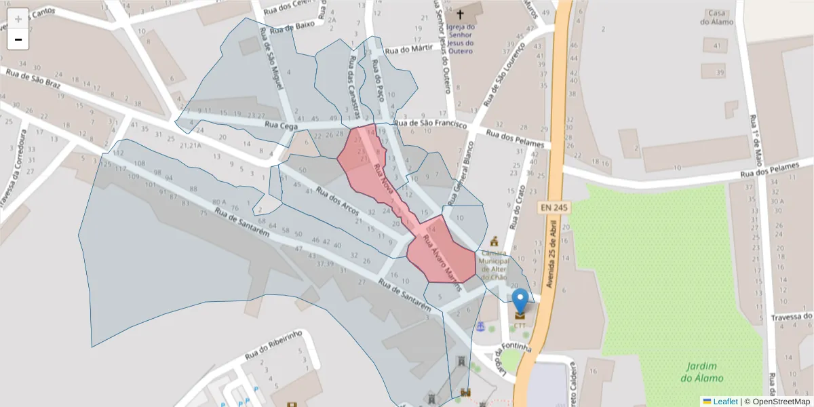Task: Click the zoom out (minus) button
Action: coord(18,40)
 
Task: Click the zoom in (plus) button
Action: coord(18,18)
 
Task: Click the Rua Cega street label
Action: coord(281,125)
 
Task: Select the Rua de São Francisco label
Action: coord(432,123)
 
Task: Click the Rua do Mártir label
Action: coord(408,50)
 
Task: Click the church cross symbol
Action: coord(461,14)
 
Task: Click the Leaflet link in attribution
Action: coord(724,401)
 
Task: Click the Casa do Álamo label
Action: coord(717,18)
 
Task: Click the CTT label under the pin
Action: coord(520,326)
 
